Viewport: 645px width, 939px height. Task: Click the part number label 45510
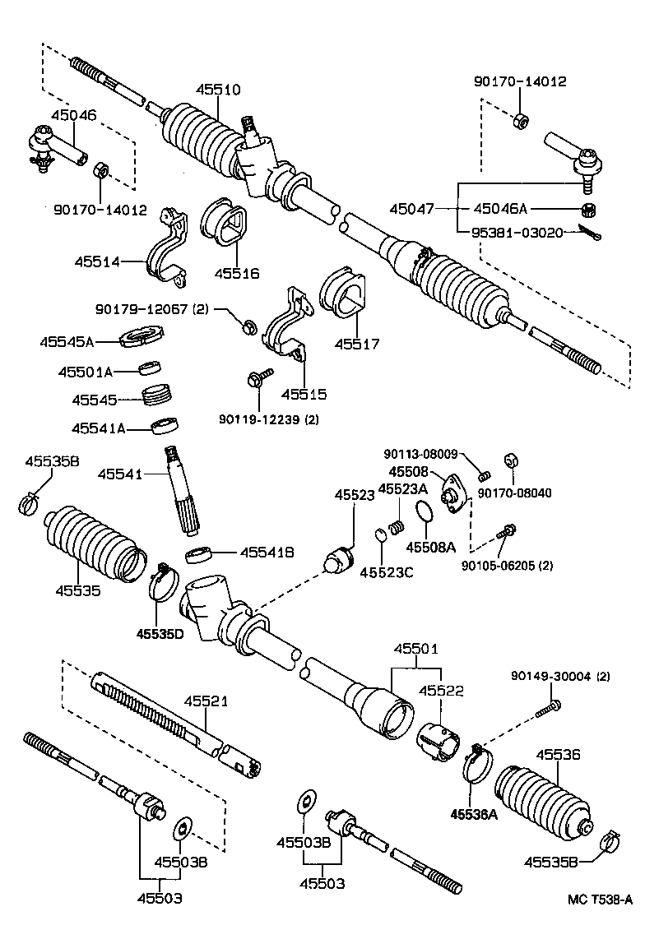point(219,90)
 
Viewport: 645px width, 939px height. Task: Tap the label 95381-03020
point(516,233)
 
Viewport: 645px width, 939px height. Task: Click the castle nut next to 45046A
point(587,210)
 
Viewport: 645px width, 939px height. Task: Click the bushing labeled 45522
point(438,738)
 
